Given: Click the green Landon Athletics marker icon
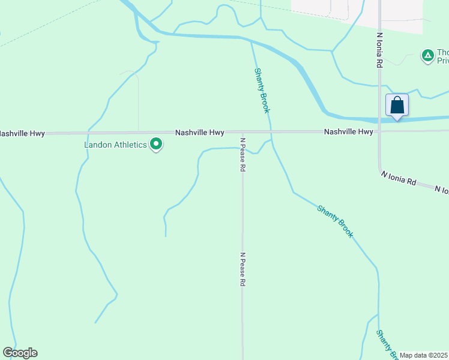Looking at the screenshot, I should [x=156, y=144].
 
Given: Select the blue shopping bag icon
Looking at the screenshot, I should [x=397, y=105].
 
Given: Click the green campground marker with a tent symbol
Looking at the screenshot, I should [x=427, y=56].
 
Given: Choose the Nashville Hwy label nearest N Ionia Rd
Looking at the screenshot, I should [x=349, y=131].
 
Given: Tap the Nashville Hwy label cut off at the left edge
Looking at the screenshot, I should [x=22, y=133].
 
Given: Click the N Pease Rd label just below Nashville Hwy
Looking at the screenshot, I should [x=243, y=155].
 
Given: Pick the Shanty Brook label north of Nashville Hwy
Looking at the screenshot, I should [x=262, y=90].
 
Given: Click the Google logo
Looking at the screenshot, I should [x=20, y=353].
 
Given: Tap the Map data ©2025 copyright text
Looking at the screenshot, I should [x=423, y=355].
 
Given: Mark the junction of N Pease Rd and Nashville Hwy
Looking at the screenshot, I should [x=243, y=132].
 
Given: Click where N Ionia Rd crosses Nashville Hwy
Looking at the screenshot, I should [x=379, y=131].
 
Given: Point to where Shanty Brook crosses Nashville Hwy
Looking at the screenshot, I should [x=271, y=132].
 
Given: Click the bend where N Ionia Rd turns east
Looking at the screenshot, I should [x=380, y=170].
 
